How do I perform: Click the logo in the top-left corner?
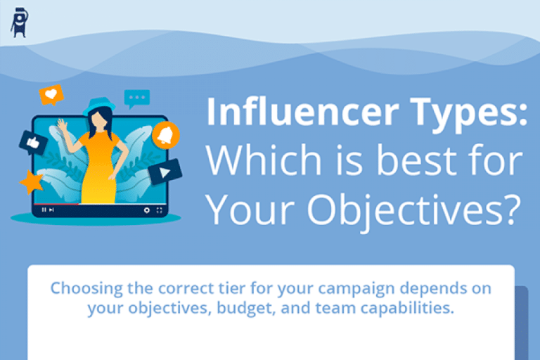[19, 22]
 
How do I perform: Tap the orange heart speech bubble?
[51, 94]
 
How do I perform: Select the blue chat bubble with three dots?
[136, 98]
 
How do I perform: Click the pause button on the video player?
[44, 210]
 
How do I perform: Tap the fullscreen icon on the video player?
[160, 210]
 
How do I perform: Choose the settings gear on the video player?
[147, 210]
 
